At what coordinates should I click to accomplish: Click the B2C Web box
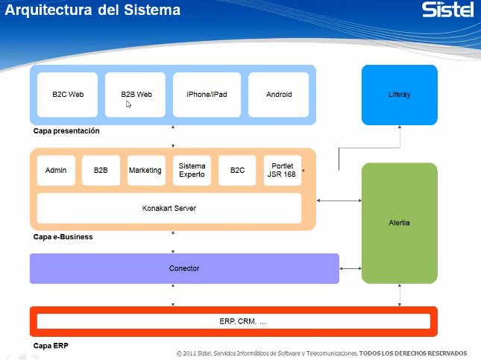(x=68, y=95)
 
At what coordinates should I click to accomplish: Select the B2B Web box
(x=136, y=95)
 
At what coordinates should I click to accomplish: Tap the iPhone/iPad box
(x=207, y=95)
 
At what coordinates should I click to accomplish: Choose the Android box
(x=279, y=95)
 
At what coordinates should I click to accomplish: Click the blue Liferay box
(x=400, y=95)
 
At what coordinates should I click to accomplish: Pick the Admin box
(x=56, y=170)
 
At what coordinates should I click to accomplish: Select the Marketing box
(x=145, y=170)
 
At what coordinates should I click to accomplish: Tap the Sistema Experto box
(x=192, y=170)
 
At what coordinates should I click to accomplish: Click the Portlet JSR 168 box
(x=282, y=170)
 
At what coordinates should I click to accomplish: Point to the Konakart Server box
(x=169, y=208)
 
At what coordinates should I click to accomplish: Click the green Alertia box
(x=400, y=223)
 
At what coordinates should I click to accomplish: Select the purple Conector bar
(x=184, y=268)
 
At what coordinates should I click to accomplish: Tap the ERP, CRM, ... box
(x=233, y=321)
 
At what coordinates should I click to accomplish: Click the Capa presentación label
(x=66, y=131)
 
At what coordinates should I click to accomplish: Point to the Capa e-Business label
(x=63, y=238)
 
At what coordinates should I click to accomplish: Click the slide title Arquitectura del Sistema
(x=92, y=11)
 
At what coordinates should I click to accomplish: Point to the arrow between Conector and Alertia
(x=350, y=268)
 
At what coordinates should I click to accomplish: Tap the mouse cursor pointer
(x=128, y=105)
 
